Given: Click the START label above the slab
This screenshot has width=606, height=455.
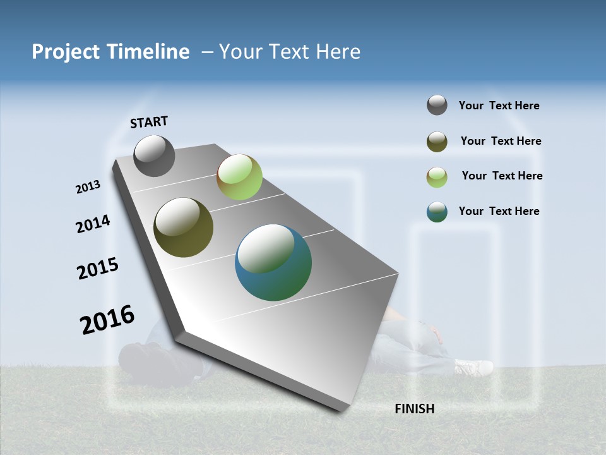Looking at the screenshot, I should coord(149,122).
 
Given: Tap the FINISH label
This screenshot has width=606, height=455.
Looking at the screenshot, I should coord(414,409).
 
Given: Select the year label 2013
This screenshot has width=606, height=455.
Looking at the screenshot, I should coord(88,187).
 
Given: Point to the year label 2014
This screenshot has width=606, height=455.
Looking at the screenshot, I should coord(93,224).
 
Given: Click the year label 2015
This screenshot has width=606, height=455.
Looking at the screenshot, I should coord(98,268).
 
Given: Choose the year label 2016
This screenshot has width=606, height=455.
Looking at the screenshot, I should coord(107,319).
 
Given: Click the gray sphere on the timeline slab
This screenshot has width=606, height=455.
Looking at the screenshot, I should coord(154,155).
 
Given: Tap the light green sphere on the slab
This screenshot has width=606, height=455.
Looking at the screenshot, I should coord(239,177).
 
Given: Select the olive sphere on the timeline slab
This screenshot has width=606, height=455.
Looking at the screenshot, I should coord(183,227).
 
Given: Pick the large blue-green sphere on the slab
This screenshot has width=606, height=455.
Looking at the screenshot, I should coord(273,262).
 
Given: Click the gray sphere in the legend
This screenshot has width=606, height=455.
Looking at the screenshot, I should coord(437,105).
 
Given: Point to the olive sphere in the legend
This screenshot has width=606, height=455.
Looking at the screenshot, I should coord(437,142).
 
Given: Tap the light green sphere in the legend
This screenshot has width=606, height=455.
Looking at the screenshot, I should coord(437,177).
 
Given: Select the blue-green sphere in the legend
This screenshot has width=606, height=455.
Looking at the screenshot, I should coord(437,212).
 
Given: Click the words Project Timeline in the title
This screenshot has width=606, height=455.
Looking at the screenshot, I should coord(110,52).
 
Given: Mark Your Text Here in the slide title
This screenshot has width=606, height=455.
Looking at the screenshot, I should coord(290,52).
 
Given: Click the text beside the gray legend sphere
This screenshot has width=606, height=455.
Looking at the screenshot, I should coord(499,106).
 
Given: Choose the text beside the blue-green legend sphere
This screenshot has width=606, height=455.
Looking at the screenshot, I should coord(499,211).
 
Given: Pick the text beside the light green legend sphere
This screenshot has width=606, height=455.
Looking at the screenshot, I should coord(502,176).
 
